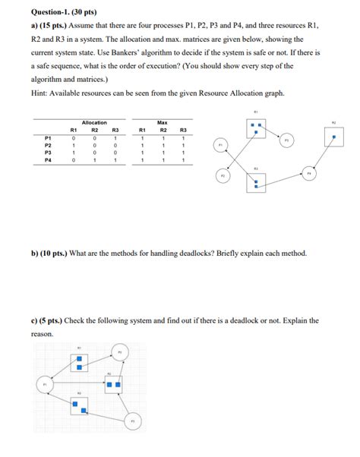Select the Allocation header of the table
click(93, 122)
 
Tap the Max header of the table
click(162, 122)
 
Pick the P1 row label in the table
click(48, 137)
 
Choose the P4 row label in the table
click(48, 160)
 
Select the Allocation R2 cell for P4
click(93, 160)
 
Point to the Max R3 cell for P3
click(183, 153)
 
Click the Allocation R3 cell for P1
click(115, 137)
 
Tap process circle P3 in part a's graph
click(286, 140)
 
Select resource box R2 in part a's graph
click(333, 138)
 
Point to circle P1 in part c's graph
click(45, 385)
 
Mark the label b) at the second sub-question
click(35, 252)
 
